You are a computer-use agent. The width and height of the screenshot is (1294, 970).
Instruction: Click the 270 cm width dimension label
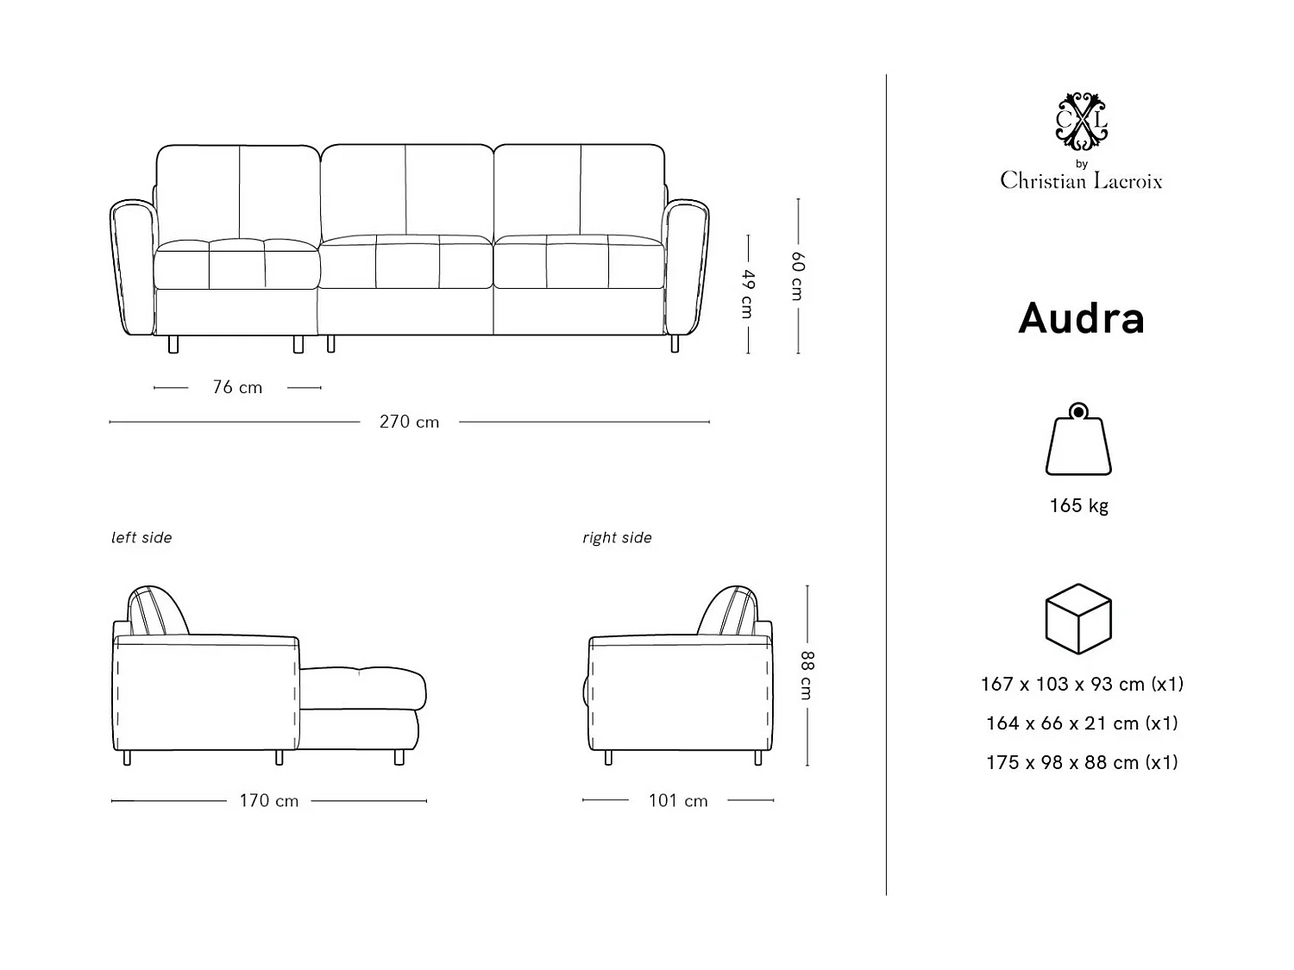point(409,422)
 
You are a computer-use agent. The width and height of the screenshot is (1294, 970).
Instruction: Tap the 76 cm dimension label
point(237,387)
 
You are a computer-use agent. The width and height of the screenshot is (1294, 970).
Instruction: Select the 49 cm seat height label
point(748,293)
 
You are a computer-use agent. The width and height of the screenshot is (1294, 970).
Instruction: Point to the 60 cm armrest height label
point(798,276)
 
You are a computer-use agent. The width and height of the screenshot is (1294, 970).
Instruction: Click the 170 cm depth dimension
point(269,801)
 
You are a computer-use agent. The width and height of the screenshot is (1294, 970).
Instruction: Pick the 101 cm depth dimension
point(678,801)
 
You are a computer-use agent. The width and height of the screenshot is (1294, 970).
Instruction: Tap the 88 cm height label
point(807,675)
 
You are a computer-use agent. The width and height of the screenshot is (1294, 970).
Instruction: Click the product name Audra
point(1081,318)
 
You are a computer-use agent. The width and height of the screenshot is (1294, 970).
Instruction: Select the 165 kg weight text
point(1078,505)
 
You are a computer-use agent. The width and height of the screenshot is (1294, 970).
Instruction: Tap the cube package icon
point(1078,618)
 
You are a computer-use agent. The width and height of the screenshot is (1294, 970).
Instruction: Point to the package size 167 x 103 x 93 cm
point(1082,684)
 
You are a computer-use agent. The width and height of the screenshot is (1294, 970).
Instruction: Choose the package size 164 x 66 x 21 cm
point(1082,723)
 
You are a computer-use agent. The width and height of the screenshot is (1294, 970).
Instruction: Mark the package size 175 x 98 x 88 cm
point(1082,762)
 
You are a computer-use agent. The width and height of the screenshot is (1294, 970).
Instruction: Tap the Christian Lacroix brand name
point(1081,180)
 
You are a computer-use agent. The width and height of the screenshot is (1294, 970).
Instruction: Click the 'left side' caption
point(141,537)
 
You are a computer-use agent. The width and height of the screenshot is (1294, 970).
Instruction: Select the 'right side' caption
point(617,537)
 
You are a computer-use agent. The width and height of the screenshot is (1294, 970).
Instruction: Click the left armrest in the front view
point(132,267)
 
